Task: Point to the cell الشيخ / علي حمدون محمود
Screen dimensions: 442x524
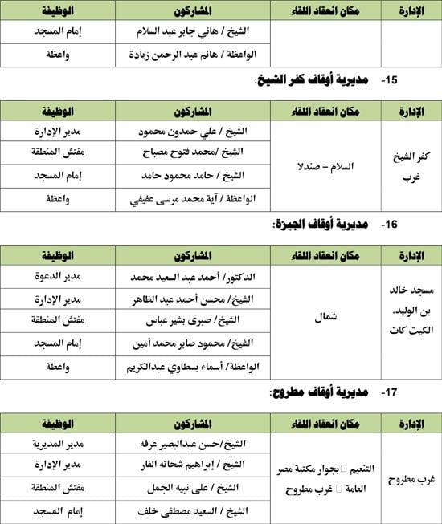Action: coord(194,132)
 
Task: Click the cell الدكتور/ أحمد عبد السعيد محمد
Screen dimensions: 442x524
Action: coord(192,278)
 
